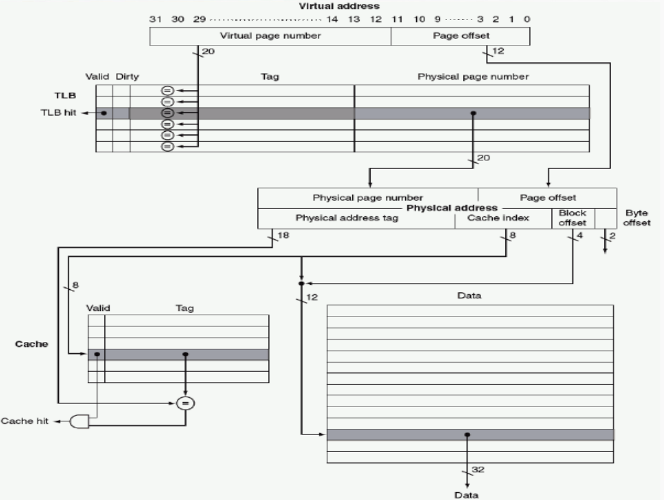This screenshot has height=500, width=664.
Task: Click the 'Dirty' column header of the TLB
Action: point(129,77)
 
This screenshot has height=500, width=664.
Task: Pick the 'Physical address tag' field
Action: point(355,218)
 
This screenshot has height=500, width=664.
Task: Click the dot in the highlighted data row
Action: point(467,434)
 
